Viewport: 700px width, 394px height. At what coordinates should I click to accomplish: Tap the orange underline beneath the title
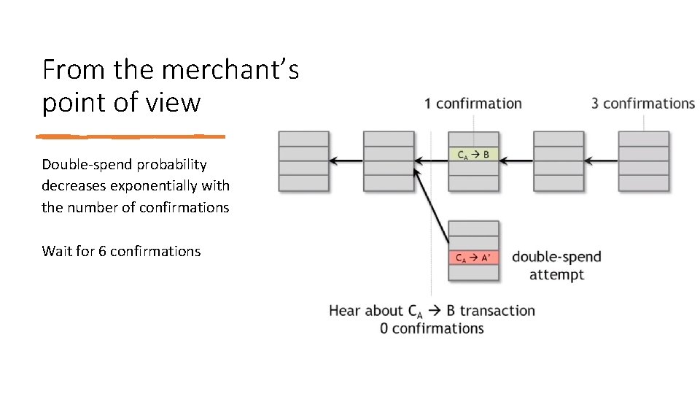131,136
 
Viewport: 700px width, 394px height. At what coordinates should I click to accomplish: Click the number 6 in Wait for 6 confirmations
102,251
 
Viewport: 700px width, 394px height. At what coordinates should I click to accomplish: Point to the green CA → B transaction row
473,154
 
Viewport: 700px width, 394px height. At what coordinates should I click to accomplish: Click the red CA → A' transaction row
474,258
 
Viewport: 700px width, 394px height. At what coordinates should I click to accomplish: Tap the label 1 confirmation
472,104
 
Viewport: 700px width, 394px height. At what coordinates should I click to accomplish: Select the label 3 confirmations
642,104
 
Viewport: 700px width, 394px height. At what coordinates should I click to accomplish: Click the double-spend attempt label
556,266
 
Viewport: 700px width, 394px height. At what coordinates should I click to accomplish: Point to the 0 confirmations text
432,328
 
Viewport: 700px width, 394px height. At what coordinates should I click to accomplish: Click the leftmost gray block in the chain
303,161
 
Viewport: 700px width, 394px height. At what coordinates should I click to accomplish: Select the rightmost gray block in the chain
643,161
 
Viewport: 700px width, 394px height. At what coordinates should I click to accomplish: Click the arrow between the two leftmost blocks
346,161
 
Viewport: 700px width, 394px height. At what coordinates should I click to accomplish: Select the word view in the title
175,102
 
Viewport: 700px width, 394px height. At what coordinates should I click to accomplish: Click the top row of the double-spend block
474,228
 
